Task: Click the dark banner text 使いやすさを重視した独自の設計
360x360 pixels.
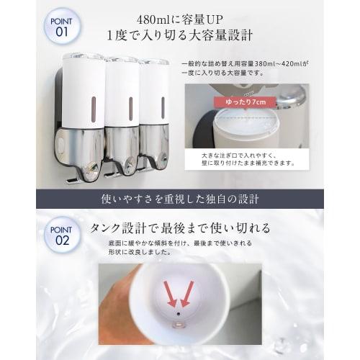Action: (180, 198)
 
